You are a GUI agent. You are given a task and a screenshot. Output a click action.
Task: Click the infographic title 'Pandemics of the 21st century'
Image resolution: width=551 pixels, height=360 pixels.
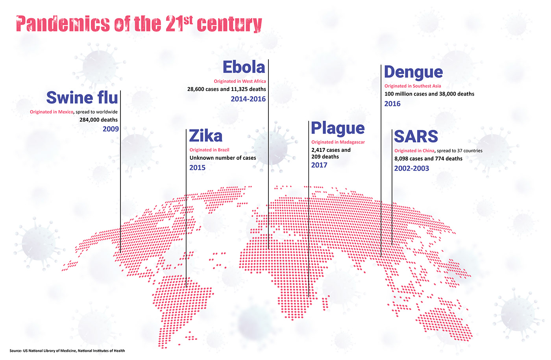pyautogui.click(x=139, y=24)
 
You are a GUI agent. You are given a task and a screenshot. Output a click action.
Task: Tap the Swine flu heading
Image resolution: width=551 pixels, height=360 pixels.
pyautogui.click(x=82, y=98)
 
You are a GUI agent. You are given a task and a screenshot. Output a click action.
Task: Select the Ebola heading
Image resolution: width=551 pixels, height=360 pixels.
pyautogui.click(x=244, y=67)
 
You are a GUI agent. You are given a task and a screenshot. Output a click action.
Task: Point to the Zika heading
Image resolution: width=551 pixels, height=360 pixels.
pyautogui.click(x=206, y=136)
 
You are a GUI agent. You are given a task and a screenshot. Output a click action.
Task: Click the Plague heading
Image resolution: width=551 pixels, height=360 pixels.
pyautogui.click(x=338, y=128)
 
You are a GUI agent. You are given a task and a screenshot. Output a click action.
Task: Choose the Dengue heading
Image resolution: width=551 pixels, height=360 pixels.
pyautogui.click(x=413, y=72)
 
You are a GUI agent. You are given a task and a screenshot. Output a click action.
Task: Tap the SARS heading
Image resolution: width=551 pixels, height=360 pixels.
pyautogui.click(x=416, y=137)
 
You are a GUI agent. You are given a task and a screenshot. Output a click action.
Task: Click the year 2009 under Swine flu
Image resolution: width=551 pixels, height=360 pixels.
pyautogui.click(x=111, y=129)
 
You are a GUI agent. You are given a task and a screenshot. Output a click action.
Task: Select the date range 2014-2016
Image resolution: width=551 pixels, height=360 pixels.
pyautogui.click(x=248, y=99)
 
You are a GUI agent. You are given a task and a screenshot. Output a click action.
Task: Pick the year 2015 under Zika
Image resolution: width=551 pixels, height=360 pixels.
pyautogui.click(x=197, y=168)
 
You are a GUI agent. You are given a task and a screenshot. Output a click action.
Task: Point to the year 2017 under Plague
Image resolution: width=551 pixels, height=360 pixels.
pyautogui.click(x=319, y=165)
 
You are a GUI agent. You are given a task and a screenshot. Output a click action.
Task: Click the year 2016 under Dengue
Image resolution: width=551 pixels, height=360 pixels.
pyautogui.click(x=392, y=104)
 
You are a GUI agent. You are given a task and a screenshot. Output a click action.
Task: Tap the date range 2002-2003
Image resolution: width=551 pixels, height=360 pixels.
pyautogui.click(x=411, y=168)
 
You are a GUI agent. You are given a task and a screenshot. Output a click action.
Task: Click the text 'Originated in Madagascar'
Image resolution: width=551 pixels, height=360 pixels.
pyautogui.click(x=338, y=142)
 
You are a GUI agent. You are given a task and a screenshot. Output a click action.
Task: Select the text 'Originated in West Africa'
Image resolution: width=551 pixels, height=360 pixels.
pyautogui.click(x=240, y=81)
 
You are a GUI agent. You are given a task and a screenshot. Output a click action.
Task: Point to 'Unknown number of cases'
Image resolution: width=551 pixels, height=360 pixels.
pyautogui.click(x=223, y=158)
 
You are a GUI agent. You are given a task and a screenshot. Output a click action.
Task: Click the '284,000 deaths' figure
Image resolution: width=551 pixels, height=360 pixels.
pyautogui.click(x=98, y=120)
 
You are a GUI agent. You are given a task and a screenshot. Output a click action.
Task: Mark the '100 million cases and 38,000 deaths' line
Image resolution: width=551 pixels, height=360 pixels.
pyautogui.click(x=429, y=94)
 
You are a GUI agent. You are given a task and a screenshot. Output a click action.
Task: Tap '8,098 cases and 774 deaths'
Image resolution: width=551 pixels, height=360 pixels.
pyautogui.click(x=428, y=159)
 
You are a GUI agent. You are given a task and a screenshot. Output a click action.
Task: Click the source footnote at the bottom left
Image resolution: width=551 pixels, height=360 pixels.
pyautogui.click(x=67, y=351)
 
